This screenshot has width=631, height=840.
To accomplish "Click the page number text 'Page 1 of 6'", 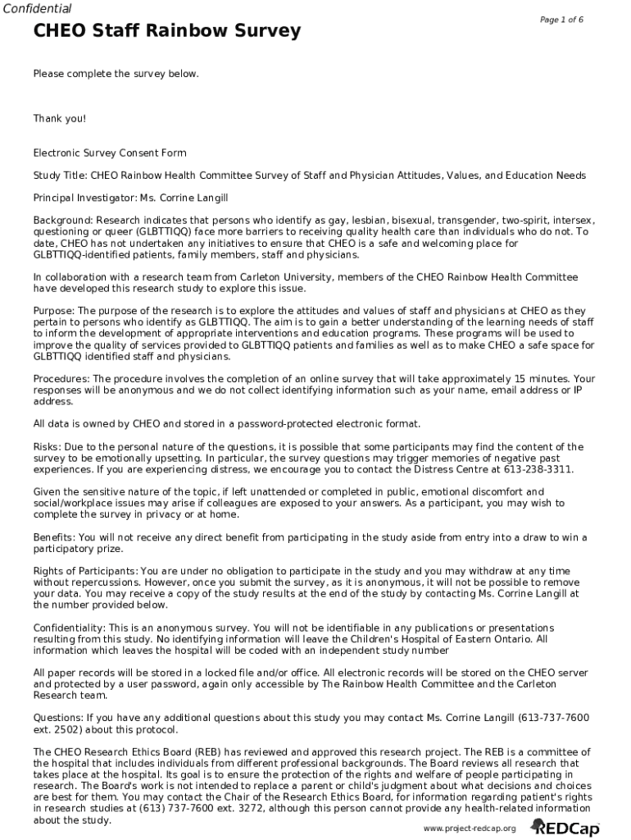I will [x=561, y=20].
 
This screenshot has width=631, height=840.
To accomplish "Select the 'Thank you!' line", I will [x=59, y=118].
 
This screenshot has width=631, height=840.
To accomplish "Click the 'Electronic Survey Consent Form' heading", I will [x=110, y=153].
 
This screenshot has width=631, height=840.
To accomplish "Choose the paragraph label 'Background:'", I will [x=63, y=221].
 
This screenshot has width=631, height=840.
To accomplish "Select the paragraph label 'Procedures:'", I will [x=61, y=379].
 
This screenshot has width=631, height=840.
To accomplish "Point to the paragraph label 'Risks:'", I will [x=47, y=447].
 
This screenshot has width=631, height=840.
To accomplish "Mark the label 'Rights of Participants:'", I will [x=85, y=571].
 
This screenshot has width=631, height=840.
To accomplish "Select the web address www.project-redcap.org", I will [x=470, y=829].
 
